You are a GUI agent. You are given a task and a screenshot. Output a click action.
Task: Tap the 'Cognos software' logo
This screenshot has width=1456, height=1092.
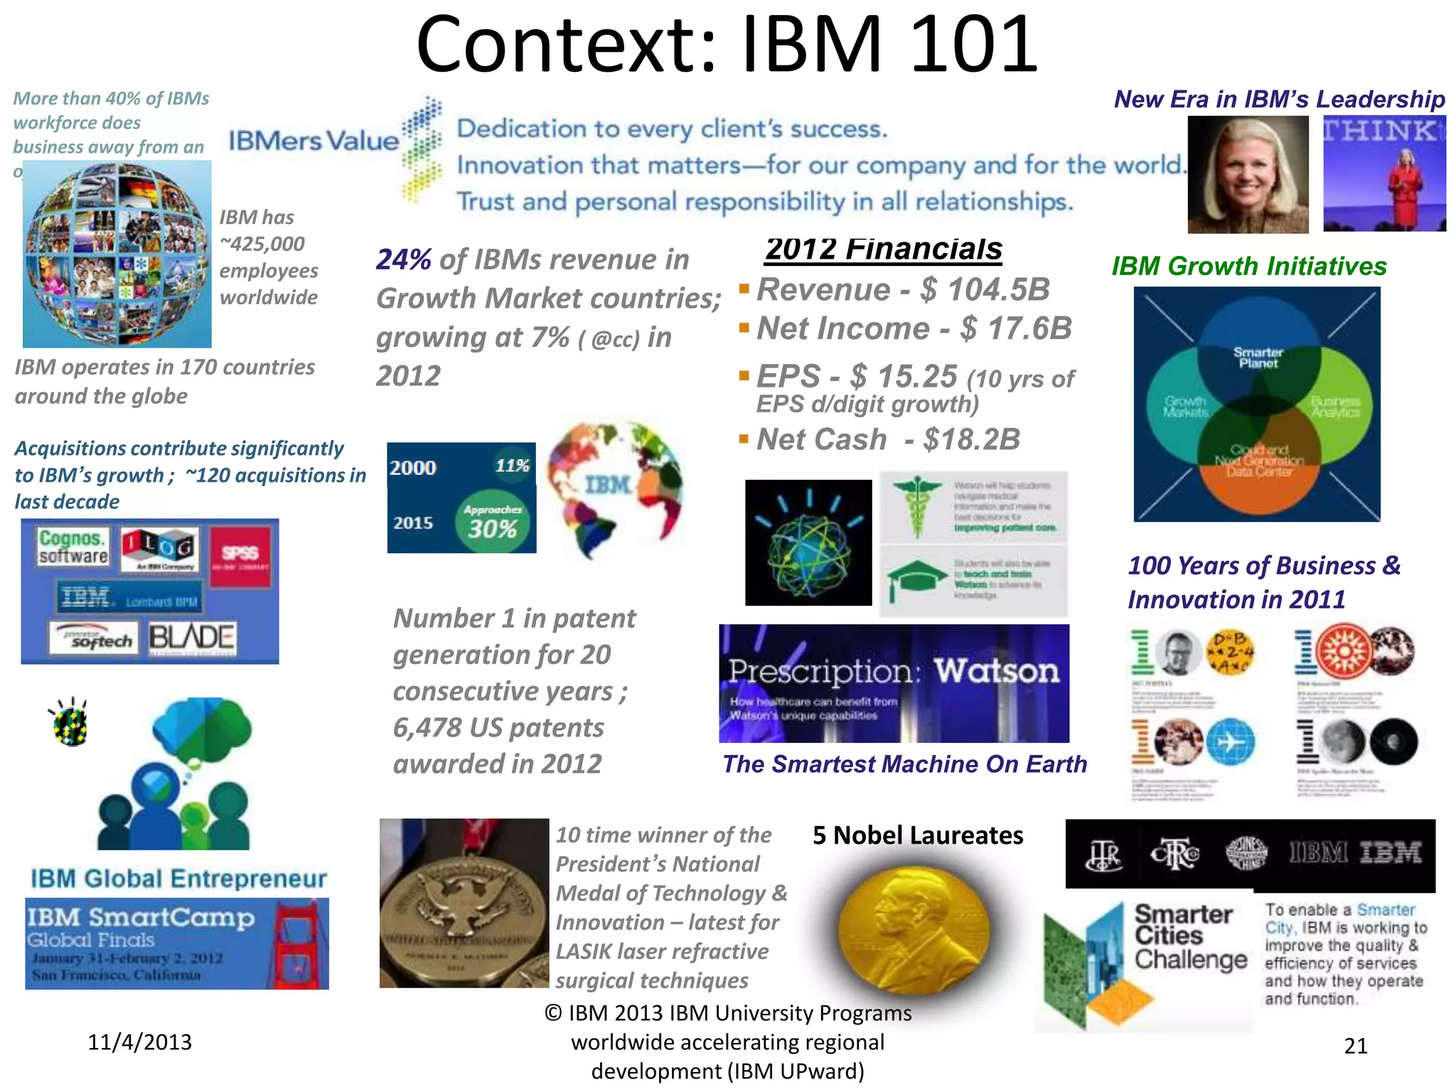click(x=73, y=547)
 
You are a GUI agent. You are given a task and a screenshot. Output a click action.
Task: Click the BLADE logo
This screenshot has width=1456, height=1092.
click(x=191, y=638)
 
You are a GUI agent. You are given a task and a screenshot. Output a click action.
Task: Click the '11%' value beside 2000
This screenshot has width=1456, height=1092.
click(x=512, y=466)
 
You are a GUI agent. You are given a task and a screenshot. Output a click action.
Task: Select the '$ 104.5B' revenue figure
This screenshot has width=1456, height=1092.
click(x=985, y=289)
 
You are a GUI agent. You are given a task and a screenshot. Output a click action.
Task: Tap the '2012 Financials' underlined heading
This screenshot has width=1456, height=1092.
click(x=884, y=249)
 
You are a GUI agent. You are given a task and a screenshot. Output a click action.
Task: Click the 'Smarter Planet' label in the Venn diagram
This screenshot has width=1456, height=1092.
click(x=1258, y=357)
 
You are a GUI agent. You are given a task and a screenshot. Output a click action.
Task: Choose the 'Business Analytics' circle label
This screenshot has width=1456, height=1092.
click(x=1335, y=407)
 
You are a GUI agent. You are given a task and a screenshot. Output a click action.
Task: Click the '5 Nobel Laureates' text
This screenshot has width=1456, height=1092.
click(x=918, y=835)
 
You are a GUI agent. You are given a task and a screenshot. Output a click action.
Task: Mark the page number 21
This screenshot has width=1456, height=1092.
click(x=1355, y=1046)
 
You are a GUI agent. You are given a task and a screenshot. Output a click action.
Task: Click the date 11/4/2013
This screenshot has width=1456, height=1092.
click(x=139, y=1042)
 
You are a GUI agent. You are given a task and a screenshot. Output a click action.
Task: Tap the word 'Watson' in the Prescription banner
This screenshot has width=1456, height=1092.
click(x=996, y=670)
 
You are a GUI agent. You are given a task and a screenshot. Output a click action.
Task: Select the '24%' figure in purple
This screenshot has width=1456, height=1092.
click(x=403, y=259)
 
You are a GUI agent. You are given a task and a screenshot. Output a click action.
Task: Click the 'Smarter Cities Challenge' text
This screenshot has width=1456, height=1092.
click(x=1190, y=936)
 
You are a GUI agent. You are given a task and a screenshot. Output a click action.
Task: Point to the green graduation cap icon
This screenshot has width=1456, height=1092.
click(x=916, y=578)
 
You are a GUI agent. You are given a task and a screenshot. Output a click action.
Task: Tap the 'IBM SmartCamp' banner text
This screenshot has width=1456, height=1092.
click(x=141, y=918)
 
